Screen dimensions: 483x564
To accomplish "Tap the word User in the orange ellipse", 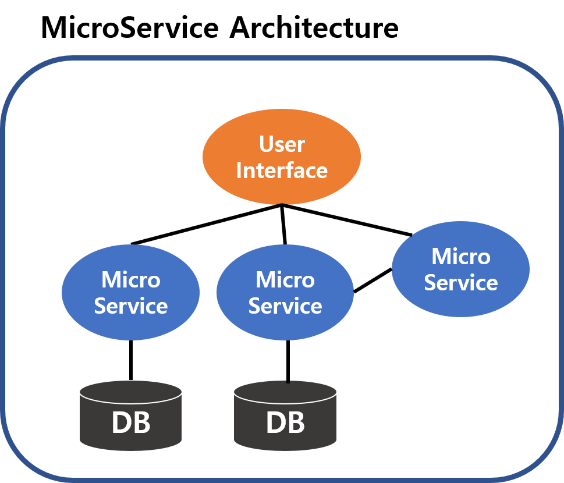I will [x=282, y=144].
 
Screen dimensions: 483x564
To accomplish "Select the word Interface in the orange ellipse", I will [x=282, y=171].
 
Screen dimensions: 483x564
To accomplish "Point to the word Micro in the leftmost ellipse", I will [x=130, y=280].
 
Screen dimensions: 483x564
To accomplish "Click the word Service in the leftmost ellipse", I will [x=130, y=306].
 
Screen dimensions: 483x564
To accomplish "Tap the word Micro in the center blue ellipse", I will [x=285, y=280].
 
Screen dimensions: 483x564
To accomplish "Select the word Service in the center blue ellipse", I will [x=285, y=306].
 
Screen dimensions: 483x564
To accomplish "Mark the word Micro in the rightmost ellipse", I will [x=460, y=257].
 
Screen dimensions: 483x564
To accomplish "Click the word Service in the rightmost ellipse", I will [x=460, y=283].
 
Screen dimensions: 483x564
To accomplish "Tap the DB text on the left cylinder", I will [x=131, y=423].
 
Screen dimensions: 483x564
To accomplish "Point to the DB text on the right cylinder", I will [x=285, y=423].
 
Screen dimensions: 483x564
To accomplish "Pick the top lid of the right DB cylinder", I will [x=285, y=391].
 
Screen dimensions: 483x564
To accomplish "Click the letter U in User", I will [x=267, y=144].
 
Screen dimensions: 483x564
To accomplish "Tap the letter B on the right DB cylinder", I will [x=296, y=423].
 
